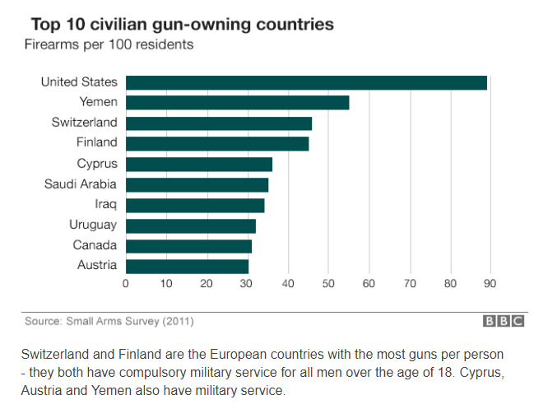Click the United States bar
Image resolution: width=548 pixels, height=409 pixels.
pyautogui.click(x=306, y=82)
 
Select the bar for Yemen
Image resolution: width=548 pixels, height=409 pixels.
pyautogui.click(x=237, y=103)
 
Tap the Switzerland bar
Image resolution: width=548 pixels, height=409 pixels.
pyautogui.click(x=218, y=123)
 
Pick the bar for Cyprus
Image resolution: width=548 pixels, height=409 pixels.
pyautogui.click(x=198, y=164)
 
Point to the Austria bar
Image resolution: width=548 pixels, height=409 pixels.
pyautogui.click(x=187, y=266)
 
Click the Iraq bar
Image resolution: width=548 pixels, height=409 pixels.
pyautogui.click(x=195, y=205)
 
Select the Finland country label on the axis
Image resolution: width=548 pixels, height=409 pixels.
pyautogui.click(x=96, y=143)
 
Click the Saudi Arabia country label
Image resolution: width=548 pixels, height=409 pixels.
pyautogui.click(x=81, y=184)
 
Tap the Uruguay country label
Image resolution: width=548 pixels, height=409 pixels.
pyautogui.click(x=93, y=225)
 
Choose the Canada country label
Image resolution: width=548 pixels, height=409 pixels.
pyautogui.click(x=95, y=245)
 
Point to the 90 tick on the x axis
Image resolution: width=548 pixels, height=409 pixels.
pyautogui.click(x=490, y=284)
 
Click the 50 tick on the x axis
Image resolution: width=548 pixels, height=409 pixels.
pyautogui.click(x=328, y=284)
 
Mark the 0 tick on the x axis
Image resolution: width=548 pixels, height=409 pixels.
pyautogui.click(x=126, y=284)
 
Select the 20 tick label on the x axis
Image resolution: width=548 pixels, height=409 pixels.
pyautogui.click(x=207, y=284)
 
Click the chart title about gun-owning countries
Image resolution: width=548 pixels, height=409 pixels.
pyautogui.click(x=182, y=24)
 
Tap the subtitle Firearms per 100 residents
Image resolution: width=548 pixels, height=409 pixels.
pyautogui.click(x=109, y=44)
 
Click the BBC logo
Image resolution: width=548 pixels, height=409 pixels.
pyautogui.click(x=503, y=322)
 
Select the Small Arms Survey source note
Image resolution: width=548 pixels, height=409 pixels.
pyautogui.click(x=109, y=322)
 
